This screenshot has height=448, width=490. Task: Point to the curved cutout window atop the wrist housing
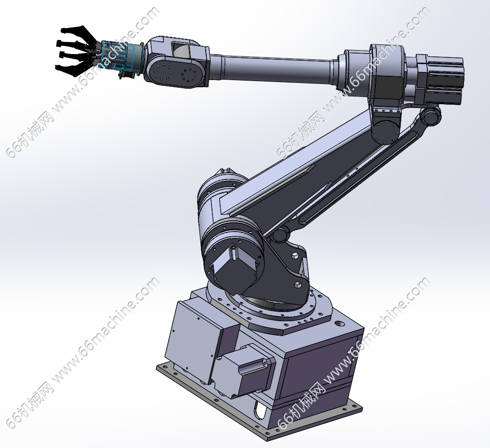pos(181,50)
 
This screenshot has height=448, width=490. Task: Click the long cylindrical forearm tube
pos(272,69)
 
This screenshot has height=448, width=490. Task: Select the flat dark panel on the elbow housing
pos(390,85)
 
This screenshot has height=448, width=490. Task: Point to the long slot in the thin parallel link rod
pos(356,177)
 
